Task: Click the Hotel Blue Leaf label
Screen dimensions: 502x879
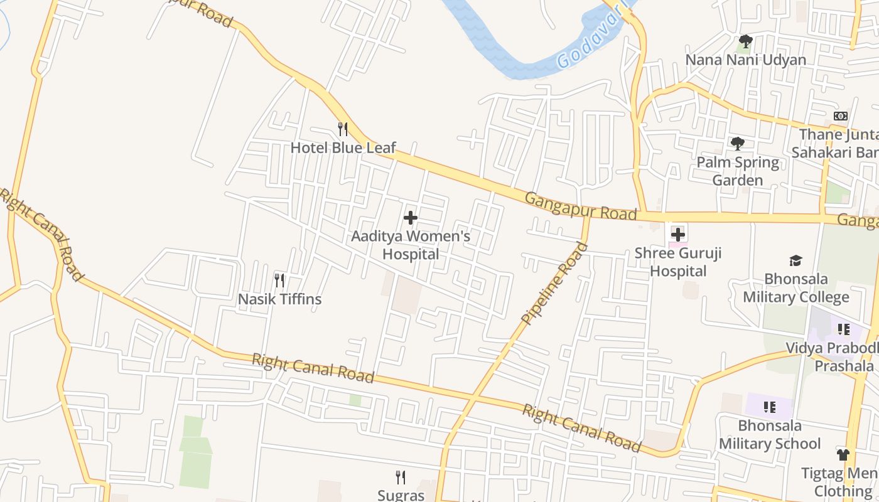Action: click(343, 148)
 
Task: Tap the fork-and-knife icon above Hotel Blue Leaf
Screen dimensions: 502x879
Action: click(343, 129)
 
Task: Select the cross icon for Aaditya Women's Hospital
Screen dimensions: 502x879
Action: click(411, 218)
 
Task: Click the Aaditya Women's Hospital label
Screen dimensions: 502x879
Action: click(411, 245)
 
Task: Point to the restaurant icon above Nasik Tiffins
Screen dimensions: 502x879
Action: click(280, 280)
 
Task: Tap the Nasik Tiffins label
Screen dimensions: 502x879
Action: click(279, 299)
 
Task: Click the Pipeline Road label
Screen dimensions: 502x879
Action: click(554, 284)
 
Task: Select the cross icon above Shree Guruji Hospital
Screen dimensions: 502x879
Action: click(677, 235)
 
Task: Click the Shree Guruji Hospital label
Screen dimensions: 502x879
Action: click(678, 262)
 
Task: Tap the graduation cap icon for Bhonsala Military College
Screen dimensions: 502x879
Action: click(795, 260)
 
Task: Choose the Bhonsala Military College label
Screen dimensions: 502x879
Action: click(796, 288)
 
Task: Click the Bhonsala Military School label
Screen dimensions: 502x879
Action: click(770, 435)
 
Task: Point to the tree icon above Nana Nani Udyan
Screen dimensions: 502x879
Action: click(745, 42)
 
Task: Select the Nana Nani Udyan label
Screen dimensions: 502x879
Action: click(746, 60)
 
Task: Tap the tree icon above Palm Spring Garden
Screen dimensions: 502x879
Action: click(738, 144)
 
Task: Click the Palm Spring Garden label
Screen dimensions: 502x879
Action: click(738, 171)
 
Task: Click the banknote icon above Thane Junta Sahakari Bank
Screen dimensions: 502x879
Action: click(841, 116)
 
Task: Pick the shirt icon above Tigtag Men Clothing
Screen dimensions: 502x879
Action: click(843, 454)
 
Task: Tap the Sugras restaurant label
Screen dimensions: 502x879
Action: click(401, 495)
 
